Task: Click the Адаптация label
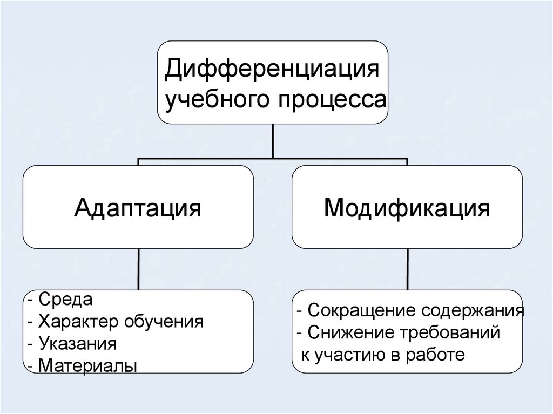coord(138,207)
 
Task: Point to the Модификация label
coord(407,207)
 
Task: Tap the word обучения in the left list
coord(164,323)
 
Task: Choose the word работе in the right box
coord(438,355)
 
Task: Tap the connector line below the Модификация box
coord(407,269)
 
